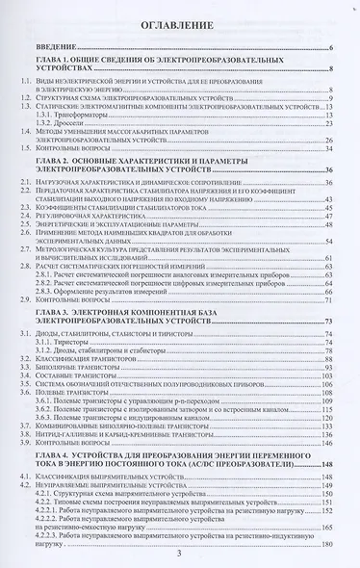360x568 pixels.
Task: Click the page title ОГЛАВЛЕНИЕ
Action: pos(181,22)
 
